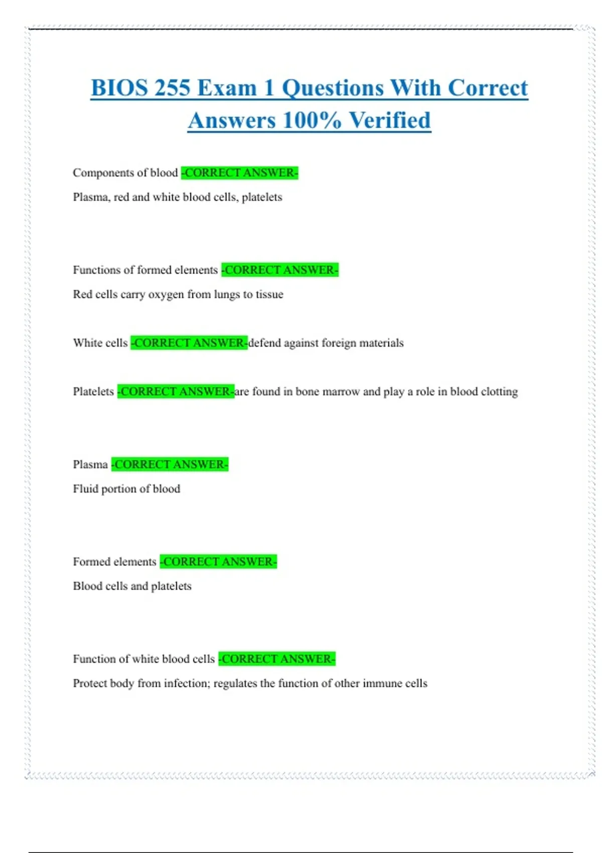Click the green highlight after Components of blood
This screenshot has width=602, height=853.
(x=240, y=173)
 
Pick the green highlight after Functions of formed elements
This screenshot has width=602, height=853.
(x=280, y=270)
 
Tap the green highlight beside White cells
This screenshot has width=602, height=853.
(x=189, y=343)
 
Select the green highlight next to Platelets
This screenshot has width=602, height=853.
(x=176, y=391)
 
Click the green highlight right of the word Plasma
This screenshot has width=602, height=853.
(x=170, y=464)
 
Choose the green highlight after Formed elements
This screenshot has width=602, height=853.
(x=218, y=561)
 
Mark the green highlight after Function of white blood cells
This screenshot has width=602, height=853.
(x=277, y=659)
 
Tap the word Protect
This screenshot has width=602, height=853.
(x=88, y=683)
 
